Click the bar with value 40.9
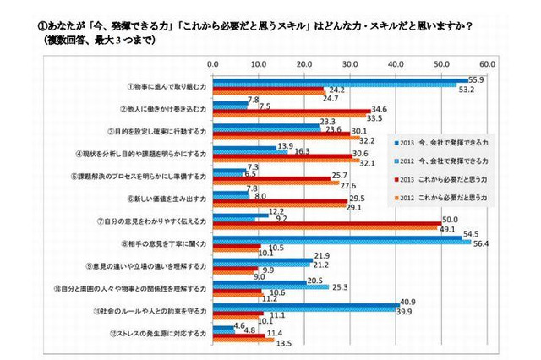coord(305,303)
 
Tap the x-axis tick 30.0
coord(349,63)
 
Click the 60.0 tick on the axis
coord(486,63)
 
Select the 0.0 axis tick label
coord(213,63)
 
